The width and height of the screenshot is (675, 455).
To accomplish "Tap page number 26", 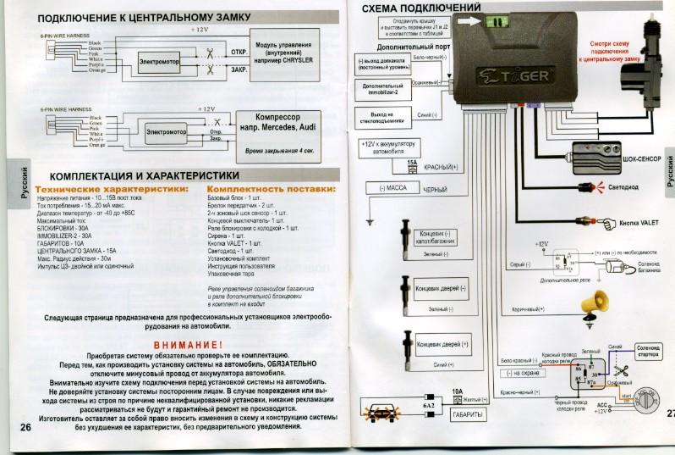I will coord(24,428).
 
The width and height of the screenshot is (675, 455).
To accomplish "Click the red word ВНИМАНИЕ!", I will coord(190,345).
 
